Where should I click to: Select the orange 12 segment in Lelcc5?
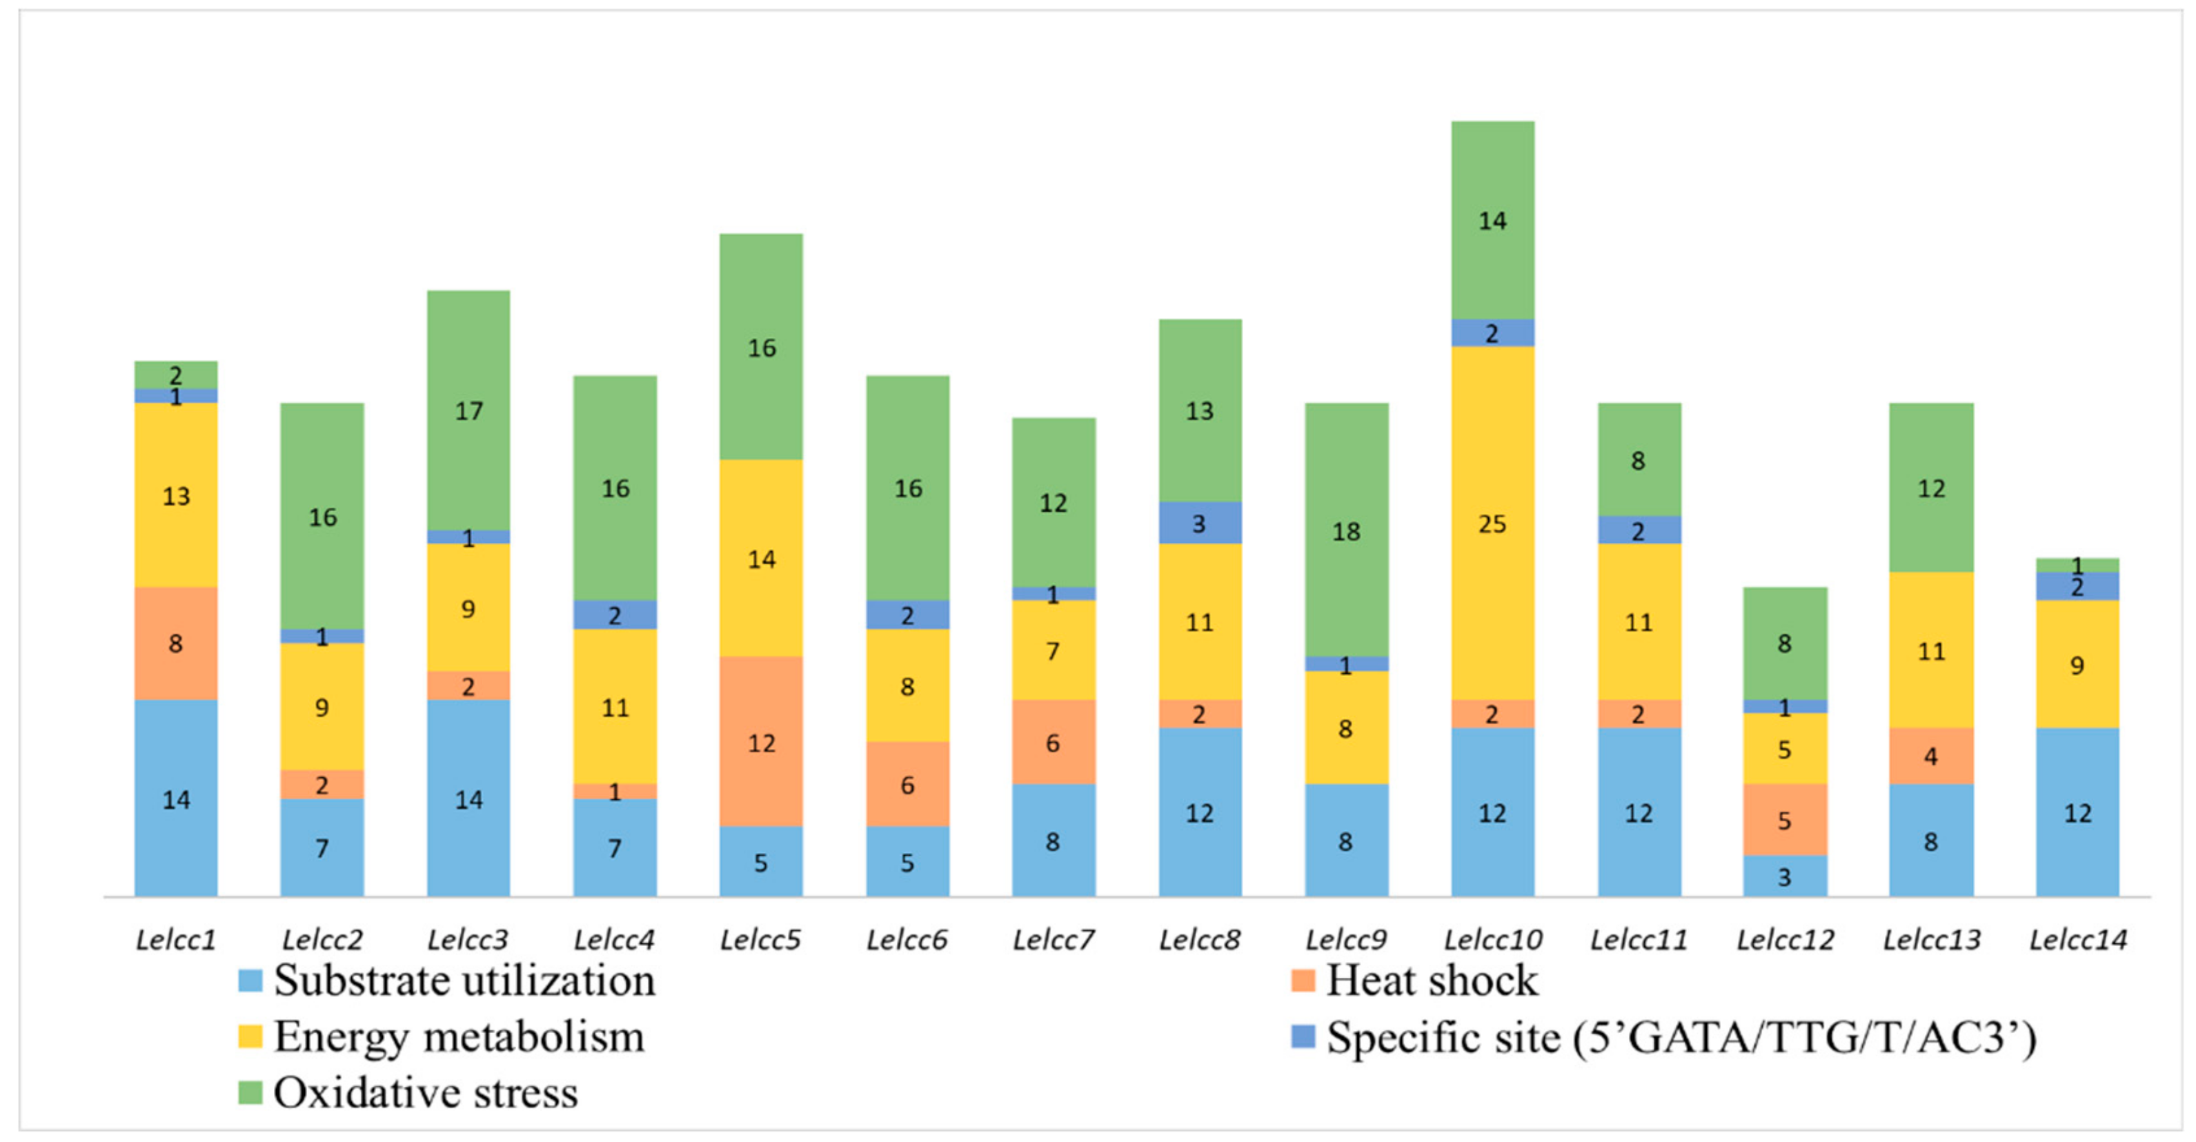click(x=760, y=741)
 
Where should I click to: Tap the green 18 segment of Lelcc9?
click(x=1346, y=530)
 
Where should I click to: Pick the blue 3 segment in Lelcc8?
click(x=1200, y=523)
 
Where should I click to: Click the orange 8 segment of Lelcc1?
click(x=176, y=643)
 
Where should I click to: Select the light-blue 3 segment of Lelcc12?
click(x=1784, y=875)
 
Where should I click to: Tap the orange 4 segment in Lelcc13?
click(x=1931, y=755)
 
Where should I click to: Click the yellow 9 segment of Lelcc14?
click(x=2077, y=664)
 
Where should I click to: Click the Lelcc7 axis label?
click(x=1053, y=940)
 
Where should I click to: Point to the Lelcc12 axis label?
click(x=1784, y=940)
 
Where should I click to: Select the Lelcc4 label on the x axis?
click(x=614, y=940)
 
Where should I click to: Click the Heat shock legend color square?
click(x=1303, y=980)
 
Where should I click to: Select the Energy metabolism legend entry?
click(x=459, y=1037)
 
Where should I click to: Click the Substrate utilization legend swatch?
click(x=250, y=980)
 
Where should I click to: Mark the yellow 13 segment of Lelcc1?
click(x=176, y=495)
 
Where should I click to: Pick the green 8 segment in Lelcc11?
click(x=1639, y=460)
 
